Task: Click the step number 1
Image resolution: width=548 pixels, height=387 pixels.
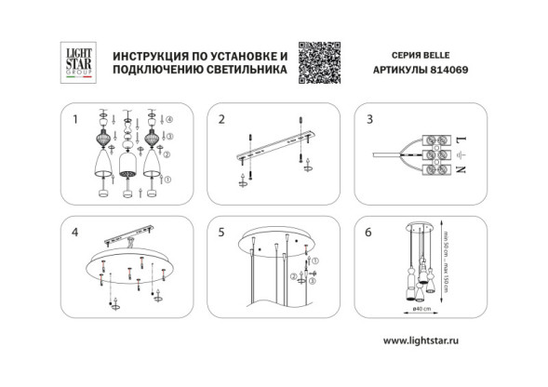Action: click(x=74, y=120)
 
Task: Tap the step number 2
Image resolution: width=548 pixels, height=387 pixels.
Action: click(x=221, y=120)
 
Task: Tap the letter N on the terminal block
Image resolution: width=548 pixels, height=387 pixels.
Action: click(x=461, y=169)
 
